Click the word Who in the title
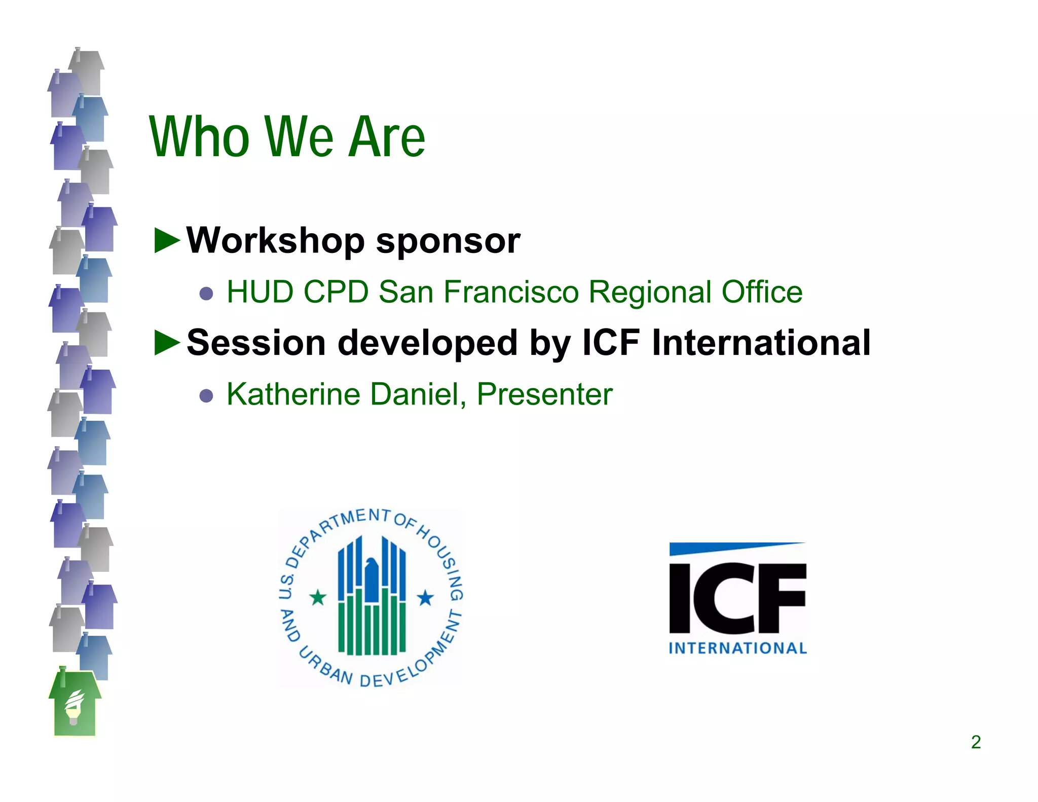click(200, 137)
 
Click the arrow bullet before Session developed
click(167, 343)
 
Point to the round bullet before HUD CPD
click(206, 294)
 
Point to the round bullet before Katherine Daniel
click(206, 395)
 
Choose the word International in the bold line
click(761, 343)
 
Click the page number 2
click(976, 742)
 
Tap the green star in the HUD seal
click(318, 598)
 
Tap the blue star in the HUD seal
click(425, 598)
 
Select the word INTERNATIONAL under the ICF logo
click(737, 648)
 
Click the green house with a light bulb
click(75, 705)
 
